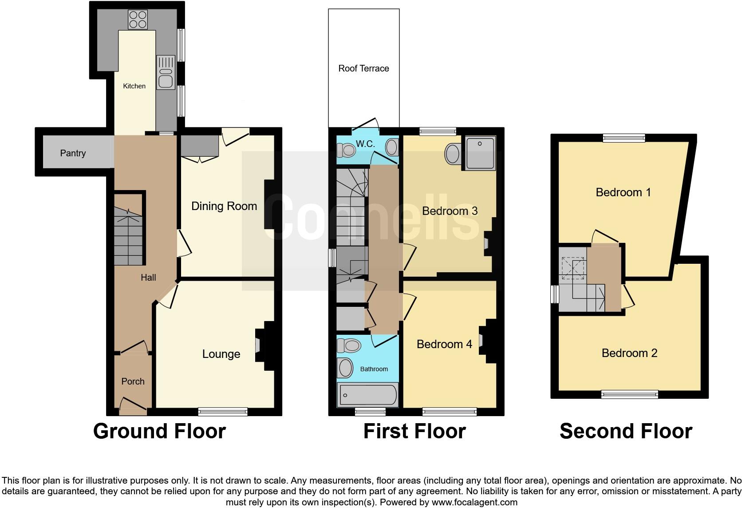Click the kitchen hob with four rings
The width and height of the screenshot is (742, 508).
click(137, 19)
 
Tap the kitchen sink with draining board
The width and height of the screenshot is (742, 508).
click(166, 73)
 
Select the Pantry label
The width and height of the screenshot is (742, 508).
click(73, 153)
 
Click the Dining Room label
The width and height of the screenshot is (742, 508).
click(224, 206)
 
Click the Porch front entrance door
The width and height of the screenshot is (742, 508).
click(133, 405)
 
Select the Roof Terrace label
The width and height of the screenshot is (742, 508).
click(363, 68)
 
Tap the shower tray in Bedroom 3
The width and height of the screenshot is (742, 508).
click(479, 153)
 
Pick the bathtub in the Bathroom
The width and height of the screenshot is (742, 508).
click(367, 394)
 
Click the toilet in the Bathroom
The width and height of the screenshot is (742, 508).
click(349, 345)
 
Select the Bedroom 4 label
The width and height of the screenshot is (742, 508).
click(444, 344)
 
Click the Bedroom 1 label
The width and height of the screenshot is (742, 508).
click(623, 192)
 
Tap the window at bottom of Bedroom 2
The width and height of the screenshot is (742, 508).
click(629, 394)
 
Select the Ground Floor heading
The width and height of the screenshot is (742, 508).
click(159, 431)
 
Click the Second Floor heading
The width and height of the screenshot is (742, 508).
click(625, 431)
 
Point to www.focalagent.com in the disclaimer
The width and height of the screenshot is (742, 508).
click(474, 502)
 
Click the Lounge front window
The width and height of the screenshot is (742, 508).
click(223, 412)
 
